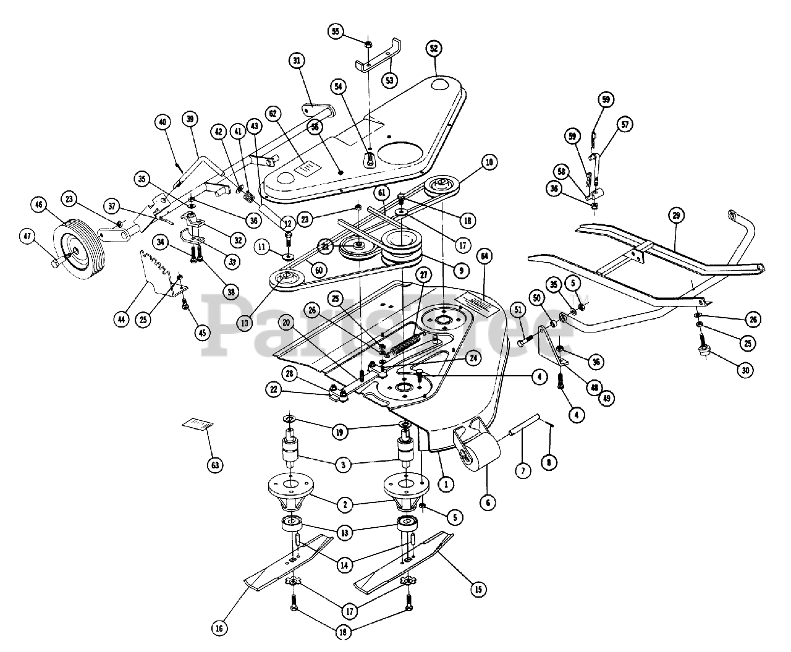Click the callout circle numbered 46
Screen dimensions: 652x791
[x=40, y=205]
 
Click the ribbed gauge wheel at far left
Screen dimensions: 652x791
[x=77, y=252]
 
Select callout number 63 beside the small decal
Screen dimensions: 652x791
[x=214, y=464]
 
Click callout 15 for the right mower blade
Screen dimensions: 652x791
[x=478, y=590]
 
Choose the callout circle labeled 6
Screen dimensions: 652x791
[x=488, y=503]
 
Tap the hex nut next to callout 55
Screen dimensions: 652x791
[x=368, y=44]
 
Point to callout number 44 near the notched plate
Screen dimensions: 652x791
[x=121, y=319]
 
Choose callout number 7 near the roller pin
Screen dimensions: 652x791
[x=523, y=471]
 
